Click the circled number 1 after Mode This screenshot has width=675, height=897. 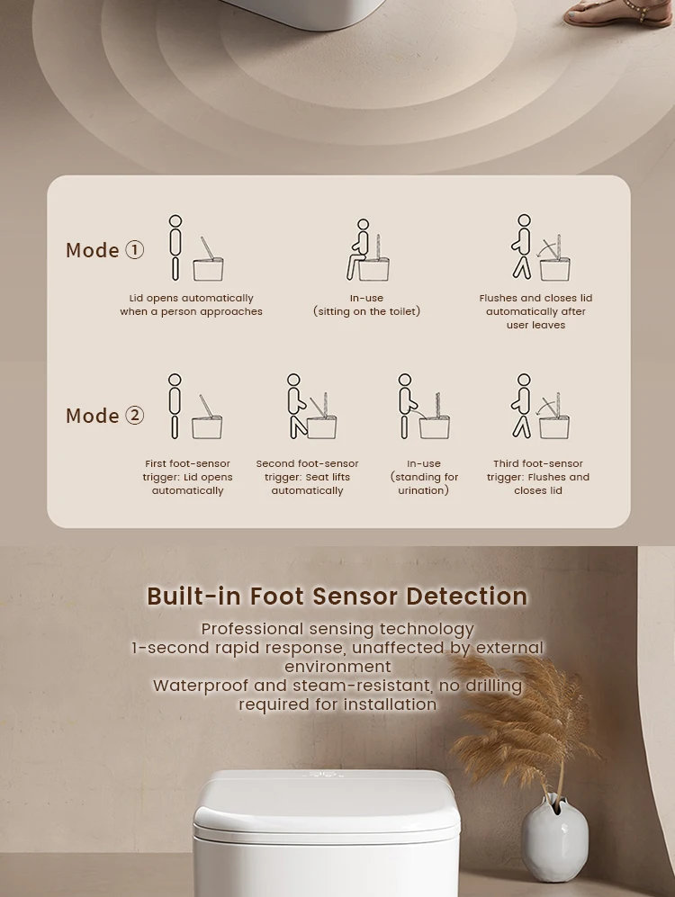(134, 250)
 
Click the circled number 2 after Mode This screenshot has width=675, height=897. (134, 416)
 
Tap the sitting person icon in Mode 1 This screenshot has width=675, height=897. (360, 249)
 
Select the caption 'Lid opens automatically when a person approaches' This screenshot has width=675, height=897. (191, 305)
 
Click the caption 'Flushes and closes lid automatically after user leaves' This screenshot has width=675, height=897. (535, 311)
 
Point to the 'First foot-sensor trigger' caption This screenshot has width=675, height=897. (187, 477)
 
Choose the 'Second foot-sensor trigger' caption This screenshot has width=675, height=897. (307, 477)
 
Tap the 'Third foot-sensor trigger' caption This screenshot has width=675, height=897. (537, 477)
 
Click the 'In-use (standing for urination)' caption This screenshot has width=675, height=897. (424, 477)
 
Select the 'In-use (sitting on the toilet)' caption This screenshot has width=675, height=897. (366, 305)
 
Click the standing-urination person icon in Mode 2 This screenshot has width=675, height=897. (407, 407)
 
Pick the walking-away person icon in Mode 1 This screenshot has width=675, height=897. (523, 247)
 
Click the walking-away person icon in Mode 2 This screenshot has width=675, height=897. (522, 407)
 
